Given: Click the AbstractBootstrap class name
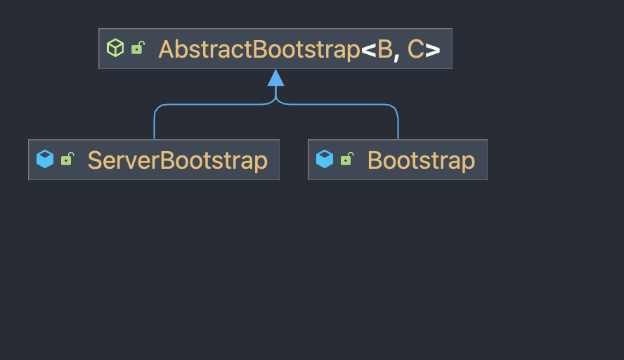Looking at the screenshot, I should pyautogui.click(x=259, y=49).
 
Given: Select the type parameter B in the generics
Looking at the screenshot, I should pyautogui.click(x=385, y=49).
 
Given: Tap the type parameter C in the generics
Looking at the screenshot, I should pyautogui.click(x=415, y=49).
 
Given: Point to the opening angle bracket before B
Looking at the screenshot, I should pyautogui.click(x=368, y=50).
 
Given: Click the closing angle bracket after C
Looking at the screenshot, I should pyautogui.click(x=433, y=50).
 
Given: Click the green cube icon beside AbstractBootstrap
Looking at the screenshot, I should pyautogui.click(x=115, y=48).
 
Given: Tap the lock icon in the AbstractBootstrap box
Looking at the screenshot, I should pyautogui.click(x=138, y=48).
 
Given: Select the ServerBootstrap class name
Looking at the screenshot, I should pyautogui.click(x=177, y=160).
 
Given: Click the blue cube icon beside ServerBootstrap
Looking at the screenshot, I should pyautogui.click(x=45, y=159).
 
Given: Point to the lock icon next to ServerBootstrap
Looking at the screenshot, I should pyautogui.click(x=67, y=159).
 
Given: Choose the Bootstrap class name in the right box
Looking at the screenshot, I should pyautogui.click(x=421, y=160).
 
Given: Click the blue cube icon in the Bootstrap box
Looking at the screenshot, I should pyautogui.click(x=325, y=159).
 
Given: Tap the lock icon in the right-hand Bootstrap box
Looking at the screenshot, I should pyautogui.click(x=346, y=159).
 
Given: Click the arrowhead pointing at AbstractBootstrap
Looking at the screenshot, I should pyautogui.click(x=276, y=77).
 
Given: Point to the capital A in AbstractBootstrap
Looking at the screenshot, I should pyautogui.click(x=167, y=49).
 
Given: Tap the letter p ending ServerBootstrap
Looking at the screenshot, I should pyautogui.click(x=261, y=162).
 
